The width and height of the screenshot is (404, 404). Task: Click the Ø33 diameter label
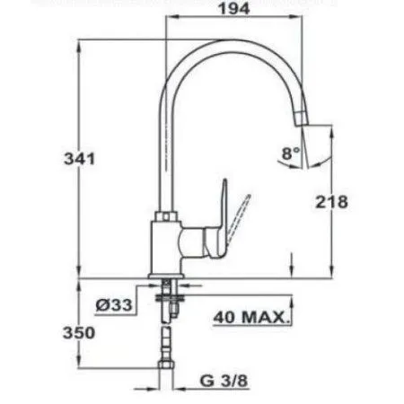click(x=114, y=305)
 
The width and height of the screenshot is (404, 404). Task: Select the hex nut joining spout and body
click(x=167, y=216)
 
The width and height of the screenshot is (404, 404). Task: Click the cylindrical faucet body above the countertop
click(x=168, y=250)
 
